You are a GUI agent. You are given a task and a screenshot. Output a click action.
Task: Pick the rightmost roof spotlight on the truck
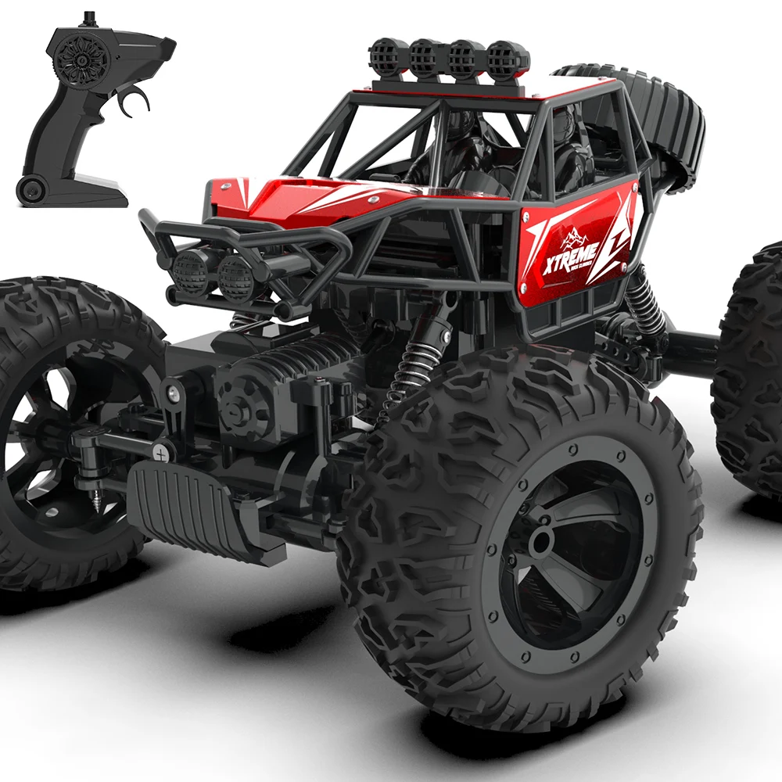pyautogui.click(x=505, y=58)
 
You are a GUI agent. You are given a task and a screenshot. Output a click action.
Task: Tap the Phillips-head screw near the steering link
pyautogui.click(x=162, y=451)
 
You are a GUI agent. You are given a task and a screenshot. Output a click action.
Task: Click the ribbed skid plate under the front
pyautogui.click(x=188, y=508)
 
